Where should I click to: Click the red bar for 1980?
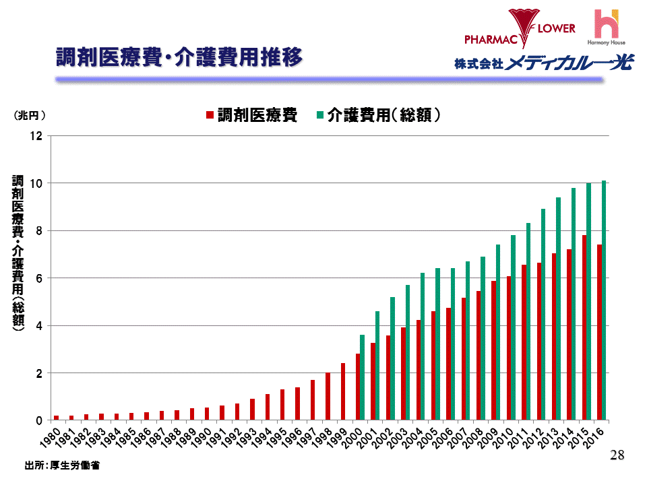point(57,418)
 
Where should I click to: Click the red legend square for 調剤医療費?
point(210,115)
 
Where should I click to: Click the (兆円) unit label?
point(30,115)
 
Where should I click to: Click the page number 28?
point(617,456)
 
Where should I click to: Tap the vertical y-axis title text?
point(18,253)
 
